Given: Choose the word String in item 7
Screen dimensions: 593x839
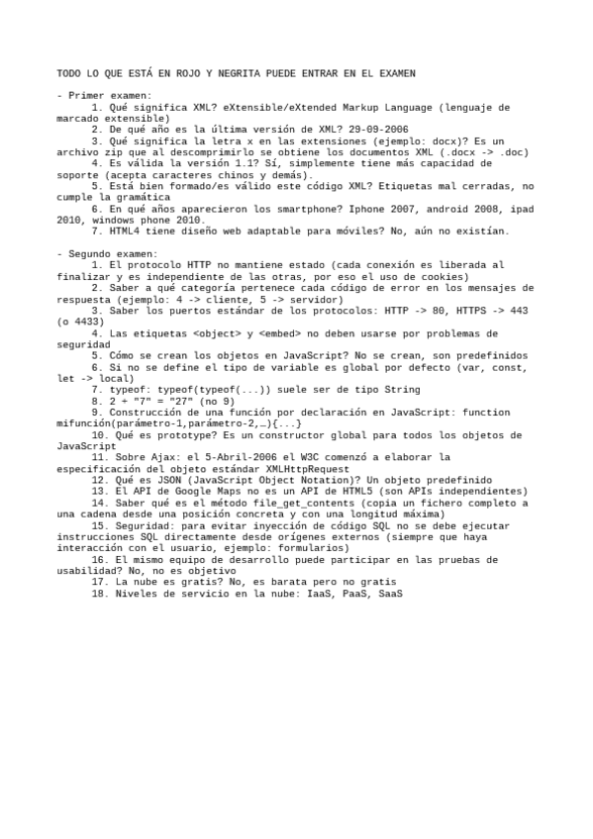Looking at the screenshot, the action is [373, 391].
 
